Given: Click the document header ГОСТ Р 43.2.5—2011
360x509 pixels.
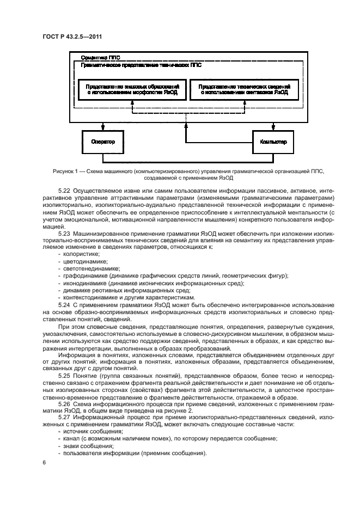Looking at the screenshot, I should [73, 36].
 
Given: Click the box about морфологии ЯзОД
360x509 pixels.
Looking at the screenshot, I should [132, 90].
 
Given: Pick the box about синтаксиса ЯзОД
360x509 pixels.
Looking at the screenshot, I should [243, 90].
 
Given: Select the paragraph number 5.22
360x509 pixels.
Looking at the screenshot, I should [64, 191].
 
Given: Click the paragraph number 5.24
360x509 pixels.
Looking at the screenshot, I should [64, 305].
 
